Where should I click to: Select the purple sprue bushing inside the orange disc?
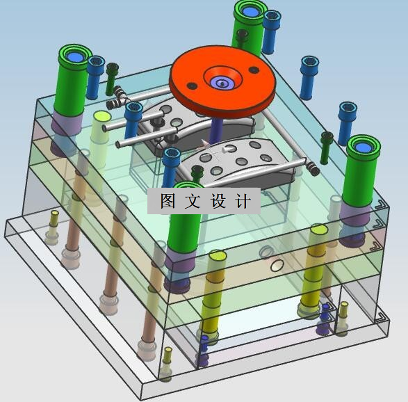[x=222, y=83]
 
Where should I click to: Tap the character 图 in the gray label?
[x=168, y=201]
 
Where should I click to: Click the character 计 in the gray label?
[x=243, y=201]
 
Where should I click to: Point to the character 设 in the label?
[x=218, y=201]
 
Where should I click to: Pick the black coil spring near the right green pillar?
[x=313, y=168]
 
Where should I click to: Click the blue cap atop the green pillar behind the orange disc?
[x=250, y=11]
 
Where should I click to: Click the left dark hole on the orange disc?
[x=192, y=86]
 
